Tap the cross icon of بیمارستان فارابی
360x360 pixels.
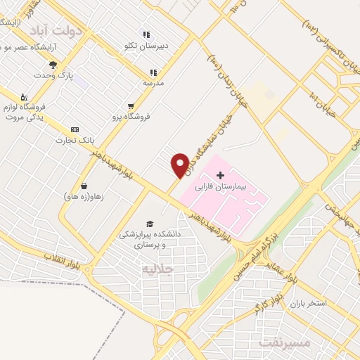click(220, 174)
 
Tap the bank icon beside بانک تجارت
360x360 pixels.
click(75, 130)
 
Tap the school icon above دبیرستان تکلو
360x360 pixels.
click(146, 34)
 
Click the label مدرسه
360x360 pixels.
click(153, 82)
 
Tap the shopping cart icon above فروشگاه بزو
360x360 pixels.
click(131, 106)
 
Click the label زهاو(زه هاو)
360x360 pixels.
click(83, 197)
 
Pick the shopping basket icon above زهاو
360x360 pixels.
click(84, 186)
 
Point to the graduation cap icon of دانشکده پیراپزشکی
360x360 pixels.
click(149, 223)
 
